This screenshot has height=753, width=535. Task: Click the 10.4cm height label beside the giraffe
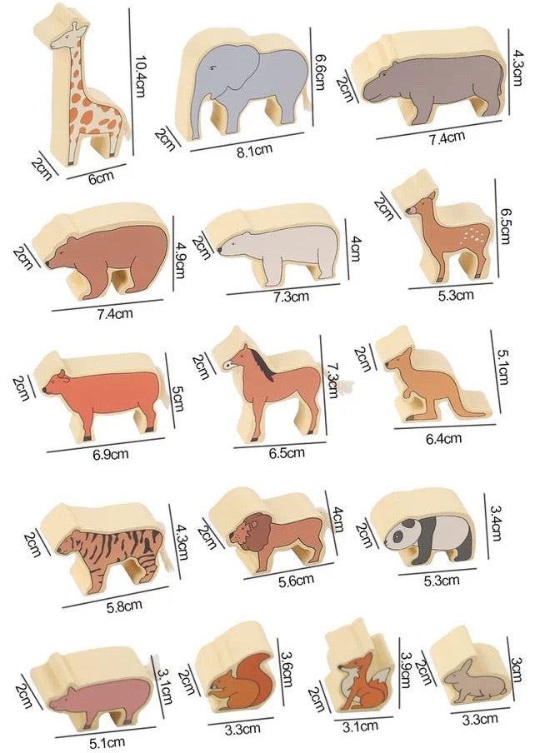coord(139,76)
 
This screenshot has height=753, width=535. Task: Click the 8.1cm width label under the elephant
coord(254,151)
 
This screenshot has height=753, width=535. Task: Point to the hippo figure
coord(433,85)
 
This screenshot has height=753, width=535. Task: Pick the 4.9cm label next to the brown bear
coord(180,260)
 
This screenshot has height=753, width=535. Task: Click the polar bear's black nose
coord(219,250)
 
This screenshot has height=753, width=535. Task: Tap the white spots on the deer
coord(474,237)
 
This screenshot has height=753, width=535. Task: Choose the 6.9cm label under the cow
coord(111,453)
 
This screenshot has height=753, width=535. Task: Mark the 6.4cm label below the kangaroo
coord(444,438)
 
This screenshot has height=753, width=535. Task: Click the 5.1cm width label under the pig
coord(108,743)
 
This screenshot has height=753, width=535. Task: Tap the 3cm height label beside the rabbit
coord(516,670)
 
